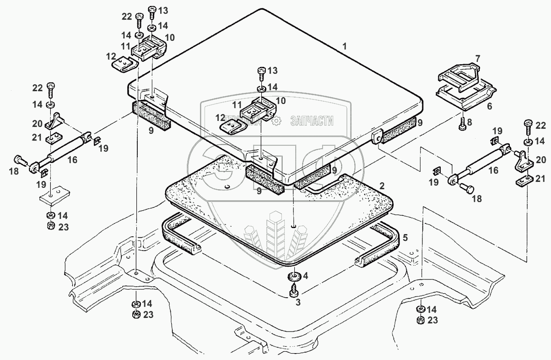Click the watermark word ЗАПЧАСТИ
coord(312,121)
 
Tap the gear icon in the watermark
coord(275,121)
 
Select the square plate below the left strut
coord(51,196)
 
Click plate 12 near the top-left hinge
coord(124,64)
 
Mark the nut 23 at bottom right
coord(420,320)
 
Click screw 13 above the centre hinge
coord(262,71)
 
